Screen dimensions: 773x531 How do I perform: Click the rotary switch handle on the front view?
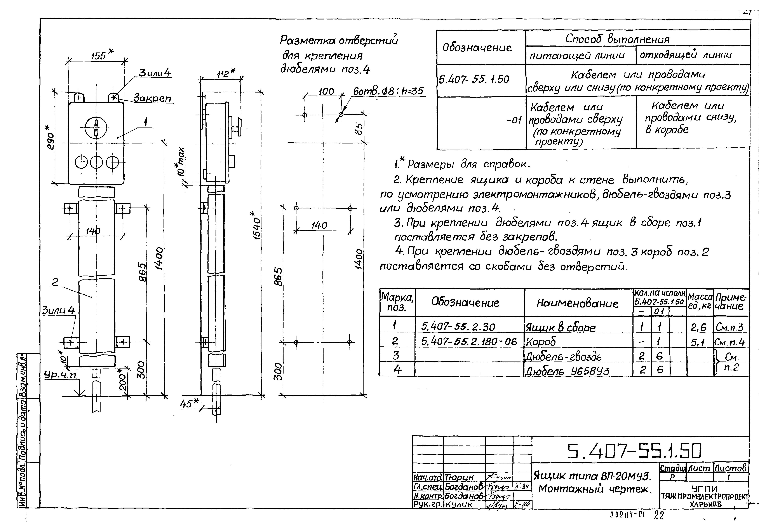coord(96,128)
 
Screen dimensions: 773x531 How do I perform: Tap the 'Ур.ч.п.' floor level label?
coord(61,375)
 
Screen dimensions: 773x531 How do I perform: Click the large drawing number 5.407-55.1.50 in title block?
coord(634,451)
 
